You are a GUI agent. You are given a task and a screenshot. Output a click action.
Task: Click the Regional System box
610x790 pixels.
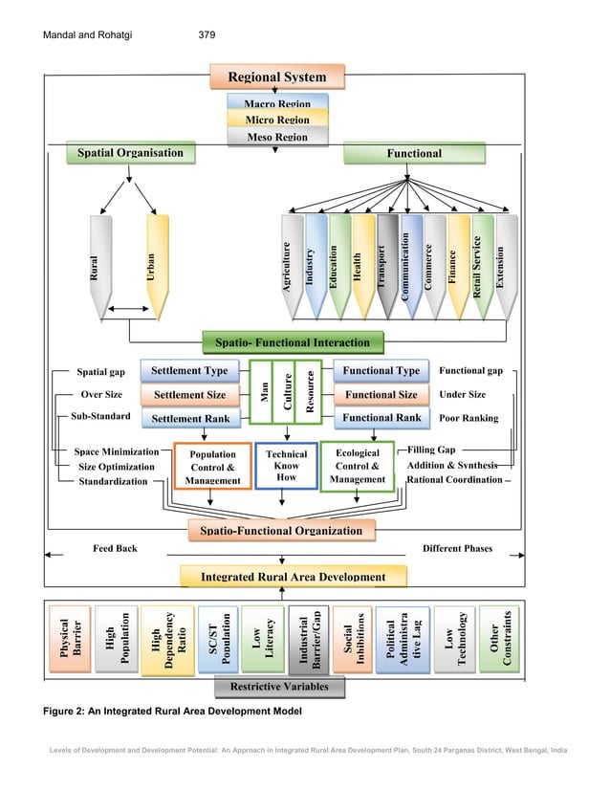click(x=276, y=77)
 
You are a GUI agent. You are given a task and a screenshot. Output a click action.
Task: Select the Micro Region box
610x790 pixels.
click(x=276, y=120)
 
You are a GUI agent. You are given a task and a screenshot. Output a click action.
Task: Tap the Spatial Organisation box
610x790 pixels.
click(x=123, y=153)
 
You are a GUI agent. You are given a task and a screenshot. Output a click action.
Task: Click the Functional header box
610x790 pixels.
click(x=414, y=153)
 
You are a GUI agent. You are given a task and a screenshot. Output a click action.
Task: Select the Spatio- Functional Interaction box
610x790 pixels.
click(x=292, y=341)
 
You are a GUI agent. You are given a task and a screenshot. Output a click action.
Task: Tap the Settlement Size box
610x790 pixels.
click(x=189, y=394)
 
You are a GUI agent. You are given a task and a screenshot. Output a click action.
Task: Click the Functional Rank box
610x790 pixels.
click(x=381, y=418)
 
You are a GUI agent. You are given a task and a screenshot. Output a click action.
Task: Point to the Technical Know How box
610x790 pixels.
click(x=286, y=466)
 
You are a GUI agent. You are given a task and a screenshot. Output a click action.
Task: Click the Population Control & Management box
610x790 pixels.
click(x=212, y=467)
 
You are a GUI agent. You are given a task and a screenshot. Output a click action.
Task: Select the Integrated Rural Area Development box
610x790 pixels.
click(x=293, y=577)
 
